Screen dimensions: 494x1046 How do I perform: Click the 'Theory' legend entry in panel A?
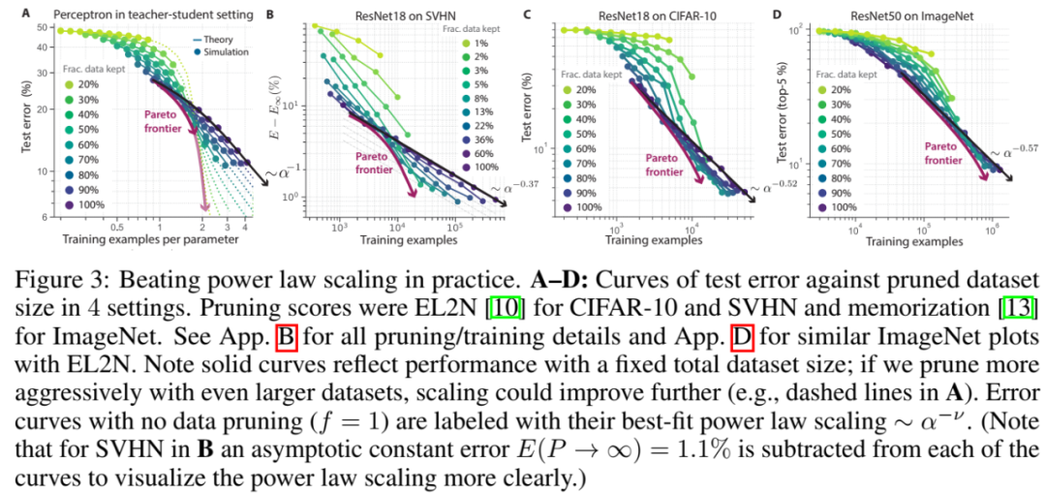click(228, 38)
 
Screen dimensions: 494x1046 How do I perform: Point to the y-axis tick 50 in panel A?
click(44, 28)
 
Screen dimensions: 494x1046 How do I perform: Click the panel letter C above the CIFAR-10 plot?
click(527, 15)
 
